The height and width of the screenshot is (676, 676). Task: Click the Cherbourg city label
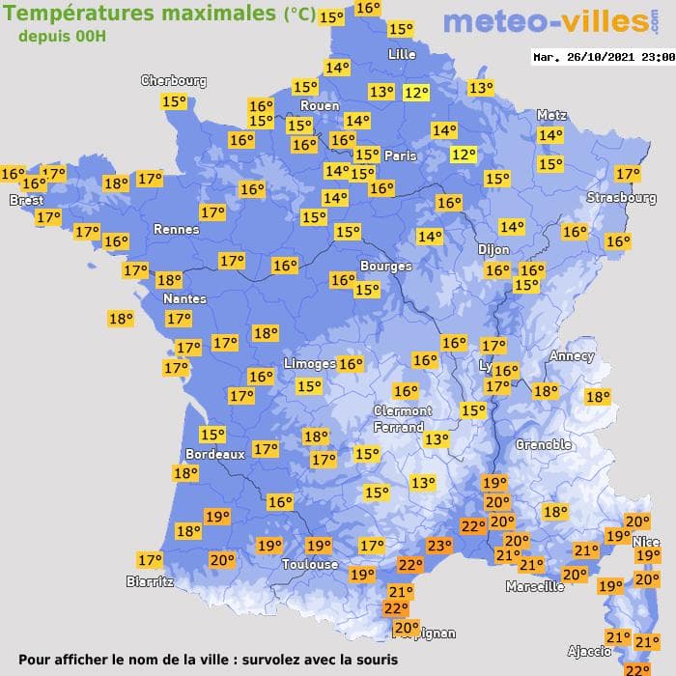click(174, 81)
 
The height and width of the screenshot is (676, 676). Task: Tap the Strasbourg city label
click(622, 198)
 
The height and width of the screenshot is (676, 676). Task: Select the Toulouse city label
click(310, 564)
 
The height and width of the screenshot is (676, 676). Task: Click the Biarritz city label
click(150, 581)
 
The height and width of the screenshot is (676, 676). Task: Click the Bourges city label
click(385, 266)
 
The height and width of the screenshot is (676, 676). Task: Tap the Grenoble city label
click(543, 445)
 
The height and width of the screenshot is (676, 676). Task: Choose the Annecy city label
click(571, 356)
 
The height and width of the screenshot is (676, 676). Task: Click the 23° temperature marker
click(439, 547)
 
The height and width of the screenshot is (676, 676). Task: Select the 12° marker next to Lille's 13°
click(416, 93)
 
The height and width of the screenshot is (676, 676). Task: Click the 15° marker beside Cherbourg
click(174, 101)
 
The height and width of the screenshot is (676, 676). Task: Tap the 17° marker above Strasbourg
click(628, 174)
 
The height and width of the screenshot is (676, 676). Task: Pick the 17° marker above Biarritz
click(150, 560)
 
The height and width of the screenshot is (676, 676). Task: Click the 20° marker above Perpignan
click(406, 627)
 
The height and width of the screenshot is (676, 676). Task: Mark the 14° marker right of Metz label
click(550, 136)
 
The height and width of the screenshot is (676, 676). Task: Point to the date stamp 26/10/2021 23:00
click(603, 57)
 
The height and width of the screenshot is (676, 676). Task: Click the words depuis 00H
click(62, 36)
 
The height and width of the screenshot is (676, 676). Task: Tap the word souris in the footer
click(375, 660)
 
